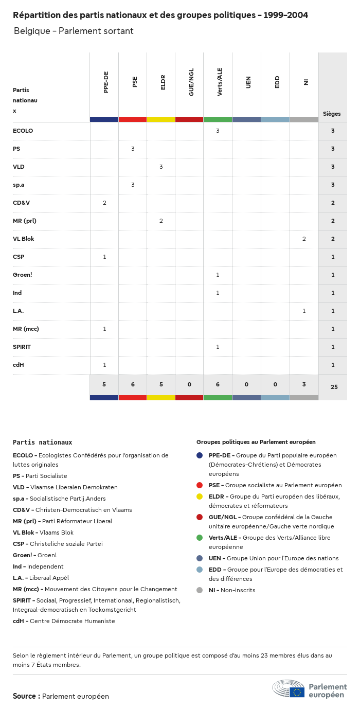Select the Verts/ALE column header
click(220, 82)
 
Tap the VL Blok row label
click(24, 239)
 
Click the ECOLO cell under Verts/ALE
click(218, 131)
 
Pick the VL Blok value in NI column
click(304, 239)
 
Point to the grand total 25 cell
click(334, 386)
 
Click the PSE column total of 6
click(133, 384)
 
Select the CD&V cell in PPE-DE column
click(104, 203)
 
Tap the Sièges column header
click(332, 114)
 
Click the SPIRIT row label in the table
click(22, 347)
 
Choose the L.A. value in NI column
click(304, 311)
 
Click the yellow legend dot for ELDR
click(200, 497)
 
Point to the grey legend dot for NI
click(200, 590)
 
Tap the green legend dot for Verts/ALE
click(200, 538)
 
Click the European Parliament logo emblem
click(289, 688)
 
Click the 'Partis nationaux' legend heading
click(42, 442)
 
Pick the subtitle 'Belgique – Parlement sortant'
click(74, 31)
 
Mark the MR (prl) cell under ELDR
click(161, 221)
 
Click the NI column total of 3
click(304, 384)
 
